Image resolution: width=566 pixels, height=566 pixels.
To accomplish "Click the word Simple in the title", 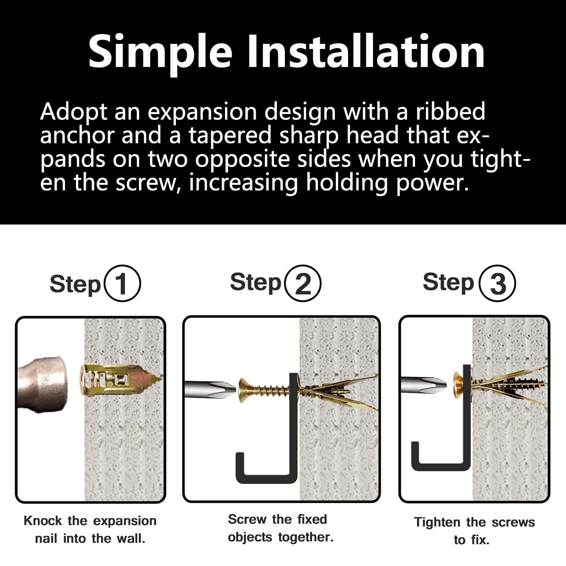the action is click(x=160, y=53).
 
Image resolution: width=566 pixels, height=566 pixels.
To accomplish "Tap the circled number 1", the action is click(x=123, y=283).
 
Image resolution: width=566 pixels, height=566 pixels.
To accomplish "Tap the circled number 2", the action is click(x=303, y=283).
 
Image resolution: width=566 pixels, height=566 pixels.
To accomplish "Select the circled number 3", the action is click(x=497, y=283).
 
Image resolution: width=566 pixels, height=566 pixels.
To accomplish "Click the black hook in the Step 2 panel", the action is click(x=294, y=432).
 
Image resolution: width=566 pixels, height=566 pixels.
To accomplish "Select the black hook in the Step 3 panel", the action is click(x=466, y=420).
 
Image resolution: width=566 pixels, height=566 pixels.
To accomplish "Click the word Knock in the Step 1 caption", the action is click(x=43, y=521).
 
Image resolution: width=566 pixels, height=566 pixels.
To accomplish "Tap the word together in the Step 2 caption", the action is click(x=306, y=538).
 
